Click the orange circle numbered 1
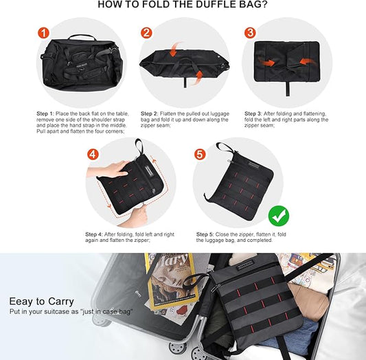pyautogui.click(x=44, y=33)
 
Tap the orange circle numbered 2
pyautogui.click(x=146, y=33)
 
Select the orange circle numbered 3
pyautogui.click(x=250, y=33)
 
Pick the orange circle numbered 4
pyautogui.click(x=93, y=155)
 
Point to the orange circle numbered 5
pyautogui.click(x=200, y=155)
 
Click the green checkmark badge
pyautogui.click(x=279, y=216)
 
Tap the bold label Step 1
pyautogui.click(x=45, y=113)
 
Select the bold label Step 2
pyautogui.click(x=150, y=113)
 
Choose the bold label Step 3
pyautogui.click(x=253, y=113)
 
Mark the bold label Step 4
pyautogui.click(x=94, y=234)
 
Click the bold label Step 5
pyautogui.click(x=205, y=234)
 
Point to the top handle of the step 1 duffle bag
pyautogui.click(x=82, y=36)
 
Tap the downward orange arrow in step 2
pyautogui.click(x=174, y=49)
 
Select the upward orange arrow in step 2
pyautogui.click(x=198, y=78)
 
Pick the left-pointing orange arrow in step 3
pyautogui.click(x=307, y=62)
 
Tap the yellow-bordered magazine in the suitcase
pyautogui.click(x=172, y=281)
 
